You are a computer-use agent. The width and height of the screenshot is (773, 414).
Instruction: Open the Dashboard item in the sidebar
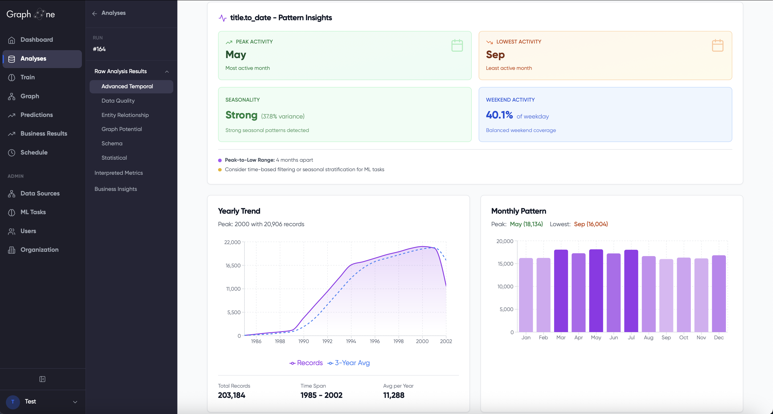[36, 40]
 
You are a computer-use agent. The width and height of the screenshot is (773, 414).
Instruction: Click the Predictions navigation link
[36, 115]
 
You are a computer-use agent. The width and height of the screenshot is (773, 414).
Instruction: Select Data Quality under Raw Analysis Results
[118, 101]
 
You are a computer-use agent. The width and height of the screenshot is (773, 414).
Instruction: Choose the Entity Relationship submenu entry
[125, 115]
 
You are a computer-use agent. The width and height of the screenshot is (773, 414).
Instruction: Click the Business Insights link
[115, 189]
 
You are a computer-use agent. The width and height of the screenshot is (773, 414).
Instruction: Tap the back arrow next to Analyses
[94, 14]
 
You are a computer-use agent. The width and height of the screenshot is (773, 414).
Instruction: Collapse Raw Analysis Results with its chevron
[167, 72]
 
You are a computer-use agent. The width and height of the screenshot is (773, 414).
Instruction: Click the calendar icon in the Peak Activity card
[457, 46]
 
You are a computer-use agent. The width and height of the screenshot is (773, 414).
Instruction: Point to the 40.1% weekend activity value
[499, 115]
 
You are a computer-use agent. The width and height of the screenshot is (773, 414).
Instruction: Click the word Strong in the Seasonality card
[241, 115]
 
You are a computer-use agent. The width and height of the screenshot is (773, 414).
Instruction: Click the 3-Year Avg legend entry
[349, 363]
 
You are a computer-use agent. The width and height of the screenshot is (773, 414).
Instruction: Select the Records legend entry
[306, 363]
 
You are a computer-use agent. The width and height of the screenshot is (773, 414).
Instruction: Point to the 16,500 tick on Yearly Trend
[233, 266]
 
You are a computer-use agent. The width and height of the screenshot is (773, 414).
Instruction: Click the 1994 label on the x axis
[351, 341]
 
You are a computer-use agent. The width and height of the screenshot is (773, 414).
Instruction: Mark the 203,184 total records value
[231, 395]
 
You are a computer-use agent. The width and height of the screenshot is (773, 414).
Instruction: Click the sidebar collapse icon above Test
[42, 379]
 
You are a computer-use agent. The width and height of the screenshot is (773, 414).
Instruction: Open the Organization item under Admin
[39, 250]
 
